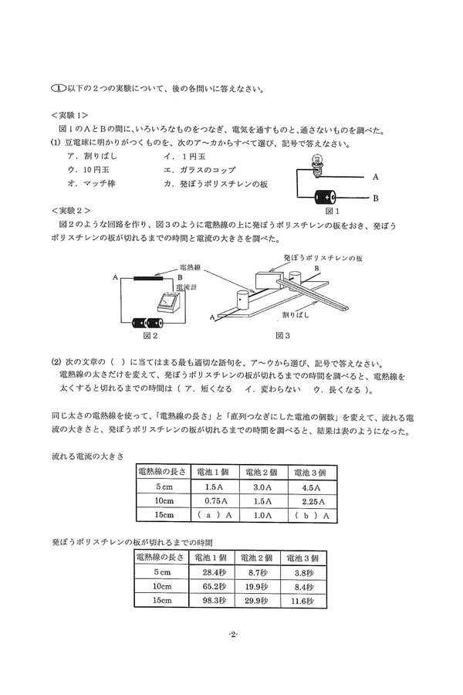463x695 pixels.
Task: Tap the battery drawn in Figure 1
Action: pos(324,197)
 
